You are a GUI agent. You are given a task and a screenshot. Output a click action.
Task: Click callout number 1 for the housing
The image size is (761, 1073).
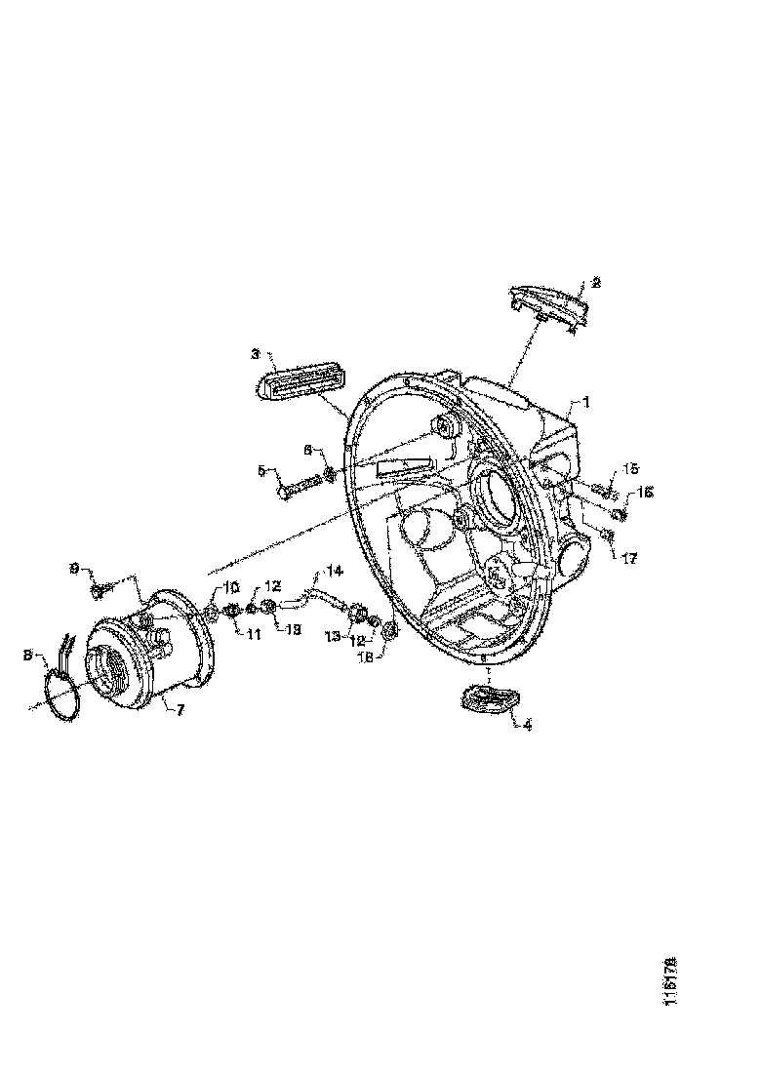point(586,401)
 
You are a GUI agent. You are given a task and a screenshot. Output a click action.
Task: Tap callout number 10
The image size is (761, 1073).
point(232,587)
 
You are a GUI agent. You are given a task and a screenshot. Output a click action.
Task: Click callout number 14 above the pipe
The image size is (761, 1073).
point(335,569)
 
